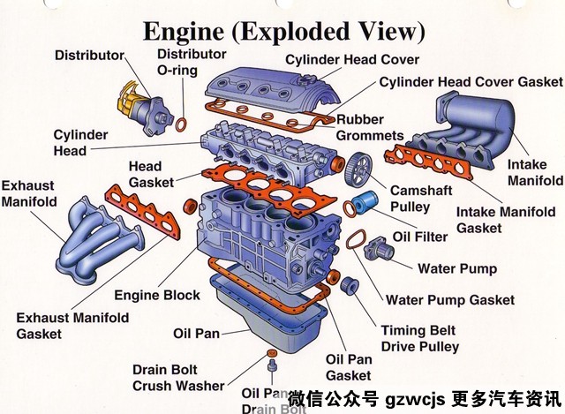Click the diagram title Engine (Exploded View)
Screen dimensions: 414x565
283,33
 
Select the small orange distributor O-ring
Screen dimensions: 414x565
181,123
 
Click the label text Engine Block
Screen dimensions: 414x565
156,295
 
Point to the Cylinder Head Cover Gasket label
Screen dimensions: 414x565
471,82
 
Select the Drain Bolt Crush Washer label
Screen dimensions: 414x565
178,377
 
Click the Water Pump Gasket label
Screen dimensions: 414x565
450,300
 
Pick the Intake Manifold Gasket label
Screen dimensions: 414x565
505,220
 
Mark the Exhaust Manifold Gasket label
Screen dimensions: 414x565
72,326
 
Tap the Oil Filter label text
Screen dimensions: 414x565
420,237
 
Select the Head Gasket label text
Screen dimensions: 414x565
145,174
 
